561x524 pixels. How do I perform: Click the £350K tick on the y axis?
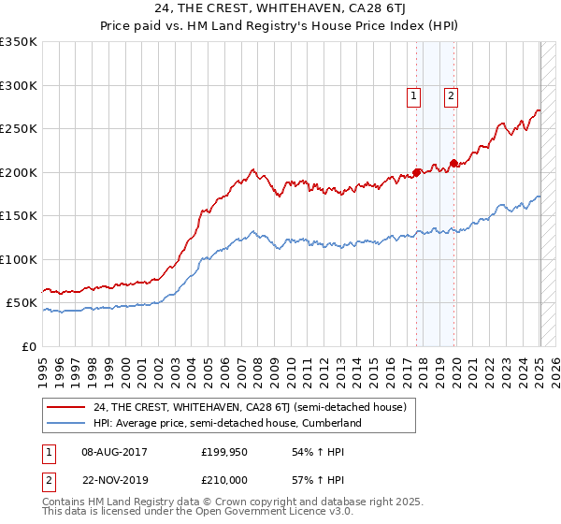(x=19, y=42)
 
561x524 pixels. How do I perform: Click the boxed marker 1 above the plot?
(x=413, y=94)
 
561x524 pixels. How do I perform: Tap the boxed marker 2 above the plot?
(x=451, y=94)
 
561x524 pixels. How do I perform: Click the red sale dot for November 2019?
(x=453, y=164)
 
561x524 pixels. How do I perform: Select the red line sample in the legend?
(x=66, y=407)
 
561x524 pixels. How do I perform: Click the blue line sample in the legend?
(x=66, y=423)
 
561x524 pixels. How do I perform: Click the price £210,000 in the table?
(x=223, y=478)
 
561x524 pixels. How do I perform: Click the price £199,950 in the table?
(x=223, y=452)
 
